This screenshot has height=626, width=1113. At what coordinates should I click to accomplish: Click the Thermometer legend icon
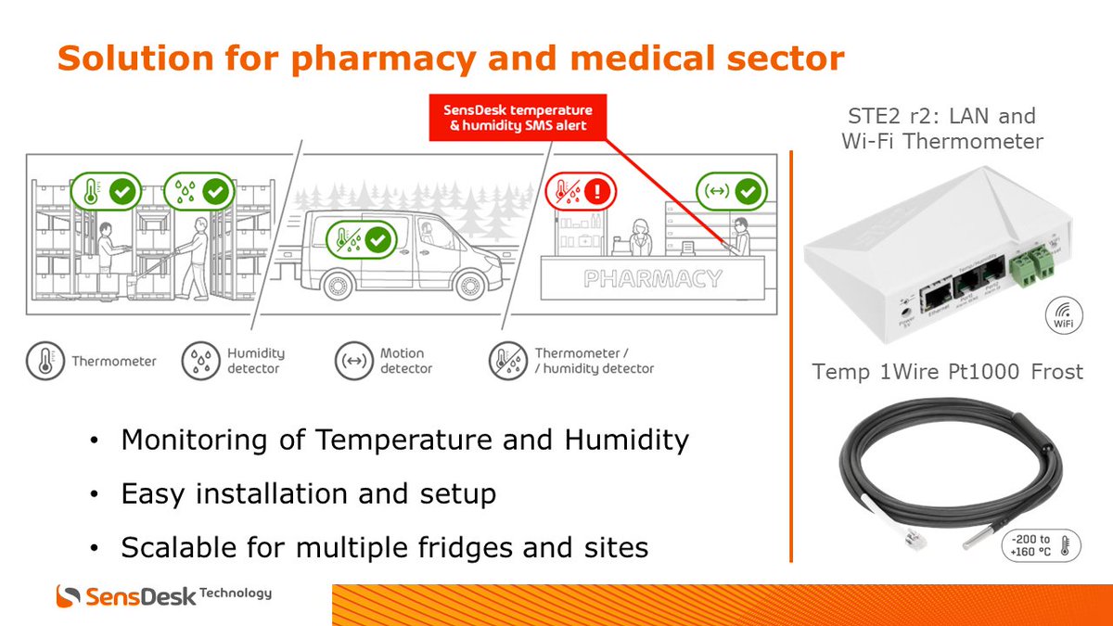(45, 361)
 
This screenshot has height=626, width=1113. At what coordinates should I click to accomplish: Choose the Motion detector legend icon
(353, 361)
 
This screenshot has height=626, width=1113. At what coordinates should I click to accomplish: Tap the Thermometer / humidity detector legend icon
(507, 361)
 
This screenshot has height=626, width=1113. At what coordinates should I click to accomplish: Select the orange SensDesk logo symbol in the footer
(70, 596)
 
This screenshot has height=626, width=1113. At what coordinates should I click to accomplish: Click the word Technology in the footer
(236, 593)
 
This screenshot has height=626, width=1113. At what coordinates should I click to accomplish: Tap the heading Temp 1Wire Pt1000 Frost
(947, 372)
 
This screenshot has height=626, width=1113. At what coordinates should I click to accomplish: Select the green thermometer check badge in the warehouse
(106, 192)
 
